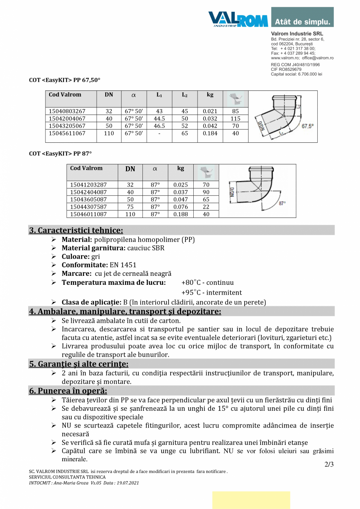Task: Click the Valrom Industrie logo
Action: pyautogui.click(x=238, y=18)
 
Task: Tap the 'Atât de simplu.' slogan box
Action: pyautogui.click(x=302, y=21)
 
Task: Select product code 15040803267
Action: pyautogui.click(x=67, y=111)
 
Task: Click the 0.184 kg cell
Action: pyautogui.click(x=210, y=133)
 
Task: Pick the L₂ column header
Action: pyautogui.click(x=185, y=95)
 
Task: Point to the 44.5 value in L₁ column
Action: pyautogui.click(x=159, y=119)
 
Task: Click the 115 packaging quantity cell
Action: pyautogui.click(x=235, y=119)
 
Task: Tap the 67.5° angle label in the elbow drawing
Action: pyautogui.click(x=308, y=126)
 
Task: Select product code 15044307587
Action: pyautogui.click(x=88, y=207)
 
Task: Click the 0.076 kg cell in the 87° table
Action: pyautogui.click(x=180, y=207)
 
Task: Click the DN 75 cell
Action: pyautogui.click(x=130, y=207)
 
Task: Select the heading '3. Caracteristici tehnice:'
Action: pyautogui.click(x=76, y=230)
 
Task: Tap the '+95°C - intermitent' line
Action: pyautogui.click(x=211, y=292)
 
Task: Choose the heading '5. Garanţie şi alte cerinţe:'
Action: pyautogui.click(x=79, y=364)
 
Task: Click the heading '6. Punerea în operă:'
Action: pyautogui.click(x=68, y=390)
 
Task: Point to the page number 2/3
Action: pyautogui.click(x=329, y=464)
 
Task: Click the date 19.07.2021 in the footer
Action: pyautogui.click(x=127, y=483)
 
